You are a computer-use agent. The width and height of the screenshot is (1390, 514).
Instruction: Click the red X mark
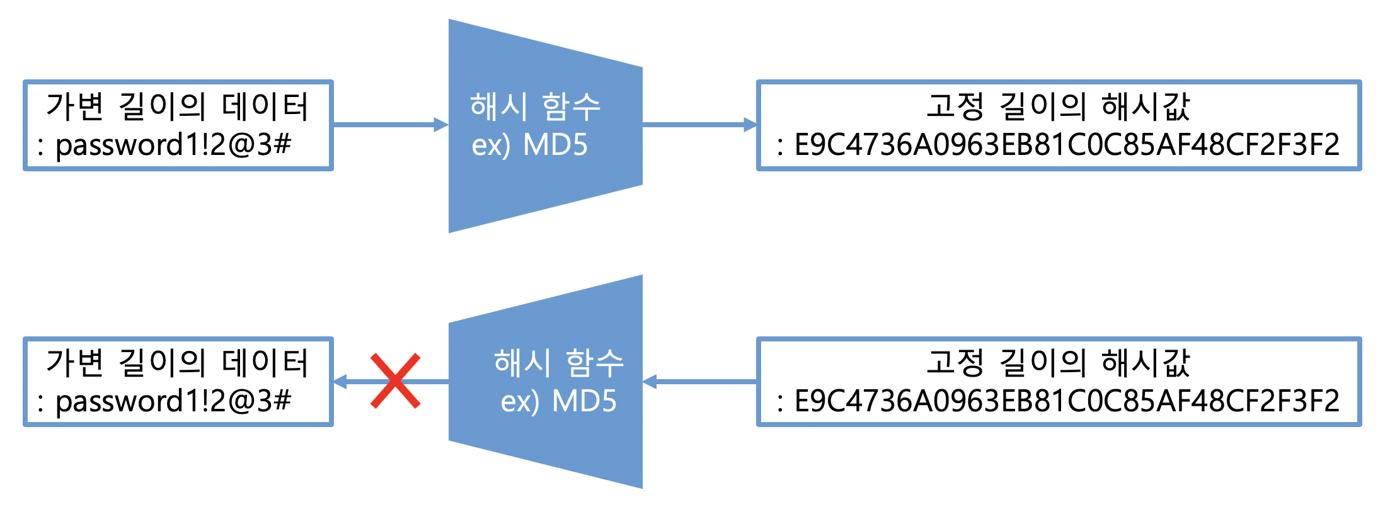coord(395,381)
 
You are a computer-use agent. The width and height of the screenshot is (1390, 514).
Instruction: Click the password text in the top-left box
coord(173,145)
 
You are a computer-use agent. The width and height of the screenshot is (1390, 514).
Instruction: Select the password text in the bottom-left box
coord(173,401)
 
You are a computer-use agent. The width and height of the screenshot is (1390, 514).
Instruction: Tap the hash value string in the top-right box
coord(1066,145)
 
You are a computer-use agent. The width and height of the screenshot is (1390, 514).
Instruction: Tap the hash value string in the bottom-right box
coord(1066,401)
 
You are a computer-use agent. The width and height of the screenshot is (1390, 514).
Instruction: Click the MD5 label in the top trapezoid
coord(555,145)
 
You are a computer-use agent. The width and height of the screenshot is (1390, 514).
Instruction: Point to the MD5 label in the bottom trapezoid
coord(584,401)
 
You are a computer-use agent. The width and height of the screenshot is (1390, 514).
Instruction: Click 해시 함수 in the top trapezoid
coord(535,106)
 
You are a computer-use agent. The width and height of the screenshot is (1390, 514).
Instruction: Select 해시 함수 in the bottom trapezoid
coord(559,363)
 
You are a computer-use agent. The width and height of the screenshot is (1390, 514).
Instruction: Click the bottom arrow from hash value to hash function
coord(699,381)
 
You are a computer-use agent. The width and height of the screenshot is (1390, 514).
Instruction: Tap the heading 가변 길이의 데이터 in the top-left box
coord(178,106)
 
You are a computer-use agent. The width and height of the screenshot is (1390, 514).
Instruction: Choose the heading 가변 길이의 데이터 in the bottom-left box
coord(178,363)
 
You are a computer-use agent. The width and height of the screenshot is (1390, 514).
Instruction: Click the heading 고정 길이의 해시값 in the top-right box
coord(1059,106)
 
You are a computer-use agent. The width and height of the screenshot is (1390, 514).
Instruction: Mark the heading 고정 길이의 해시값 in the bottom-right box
coord(1059,363)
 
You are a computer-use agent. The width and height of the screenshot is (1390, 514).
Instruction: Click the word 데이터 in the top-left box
coord(265,106)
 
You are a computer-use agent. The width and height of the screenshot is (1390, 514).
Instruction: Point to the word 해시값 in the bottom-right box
coord(1146,363)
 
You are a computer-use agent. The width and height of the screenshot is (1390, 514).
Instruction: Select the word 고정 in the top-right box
coord(955,106)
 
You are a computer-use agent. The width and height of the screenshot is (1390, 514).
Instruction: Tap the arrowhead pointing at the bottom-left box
coord(340,381)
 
